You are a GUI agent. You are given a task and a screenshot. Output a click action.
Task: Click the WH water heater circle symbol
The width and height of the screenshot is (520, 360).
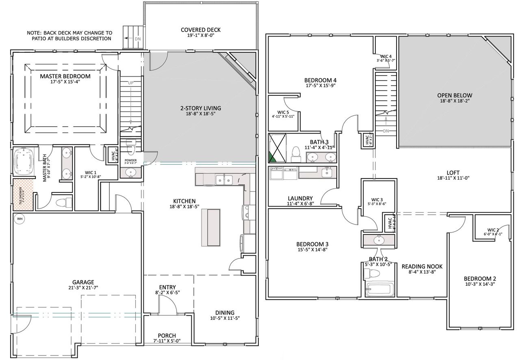click(x=19, y=219)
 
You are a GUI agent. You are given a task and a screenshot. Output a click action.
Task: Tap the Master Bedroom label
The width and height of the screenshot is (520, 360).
click(x=65, y=76)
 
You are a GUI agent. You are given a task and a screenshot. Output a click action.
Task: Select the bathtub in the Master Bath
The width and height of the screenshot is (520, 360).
click(x=25, y=162)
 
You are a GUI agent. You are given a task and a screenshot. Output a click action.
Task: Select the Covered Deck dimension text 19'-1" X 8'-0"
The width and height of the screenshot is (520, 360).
click(x=201, y=36)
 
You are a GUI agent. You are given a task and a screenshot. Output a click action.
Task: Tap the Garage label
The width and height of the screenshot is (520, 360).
click(x=83, y=282)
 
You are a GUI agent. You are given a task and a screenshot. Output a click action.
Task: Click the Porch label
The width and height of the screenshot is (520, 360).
click(x=167, y=335)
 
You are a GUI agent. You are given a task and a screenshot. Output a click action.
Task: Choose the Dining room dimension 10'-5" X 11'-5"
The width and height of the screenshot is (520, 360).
click(x=225, y=318)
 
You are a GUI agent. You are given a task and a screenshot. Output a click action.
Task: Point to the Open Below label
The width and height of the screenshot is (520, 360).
click(x=455, y=96)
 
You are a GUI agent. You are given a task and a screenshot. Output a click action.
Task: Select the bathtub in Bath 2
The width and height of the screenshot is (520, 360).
click(x=378, y=290)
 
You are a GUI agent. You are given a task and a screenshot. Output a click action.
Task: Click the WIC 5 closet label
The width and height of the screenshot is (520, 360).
click(x=283, y=112)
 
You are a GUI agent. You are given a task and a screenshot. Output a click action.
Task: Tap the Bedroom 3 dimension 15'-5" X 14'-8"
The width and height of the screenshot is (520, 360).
click(x=312, y=250)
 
